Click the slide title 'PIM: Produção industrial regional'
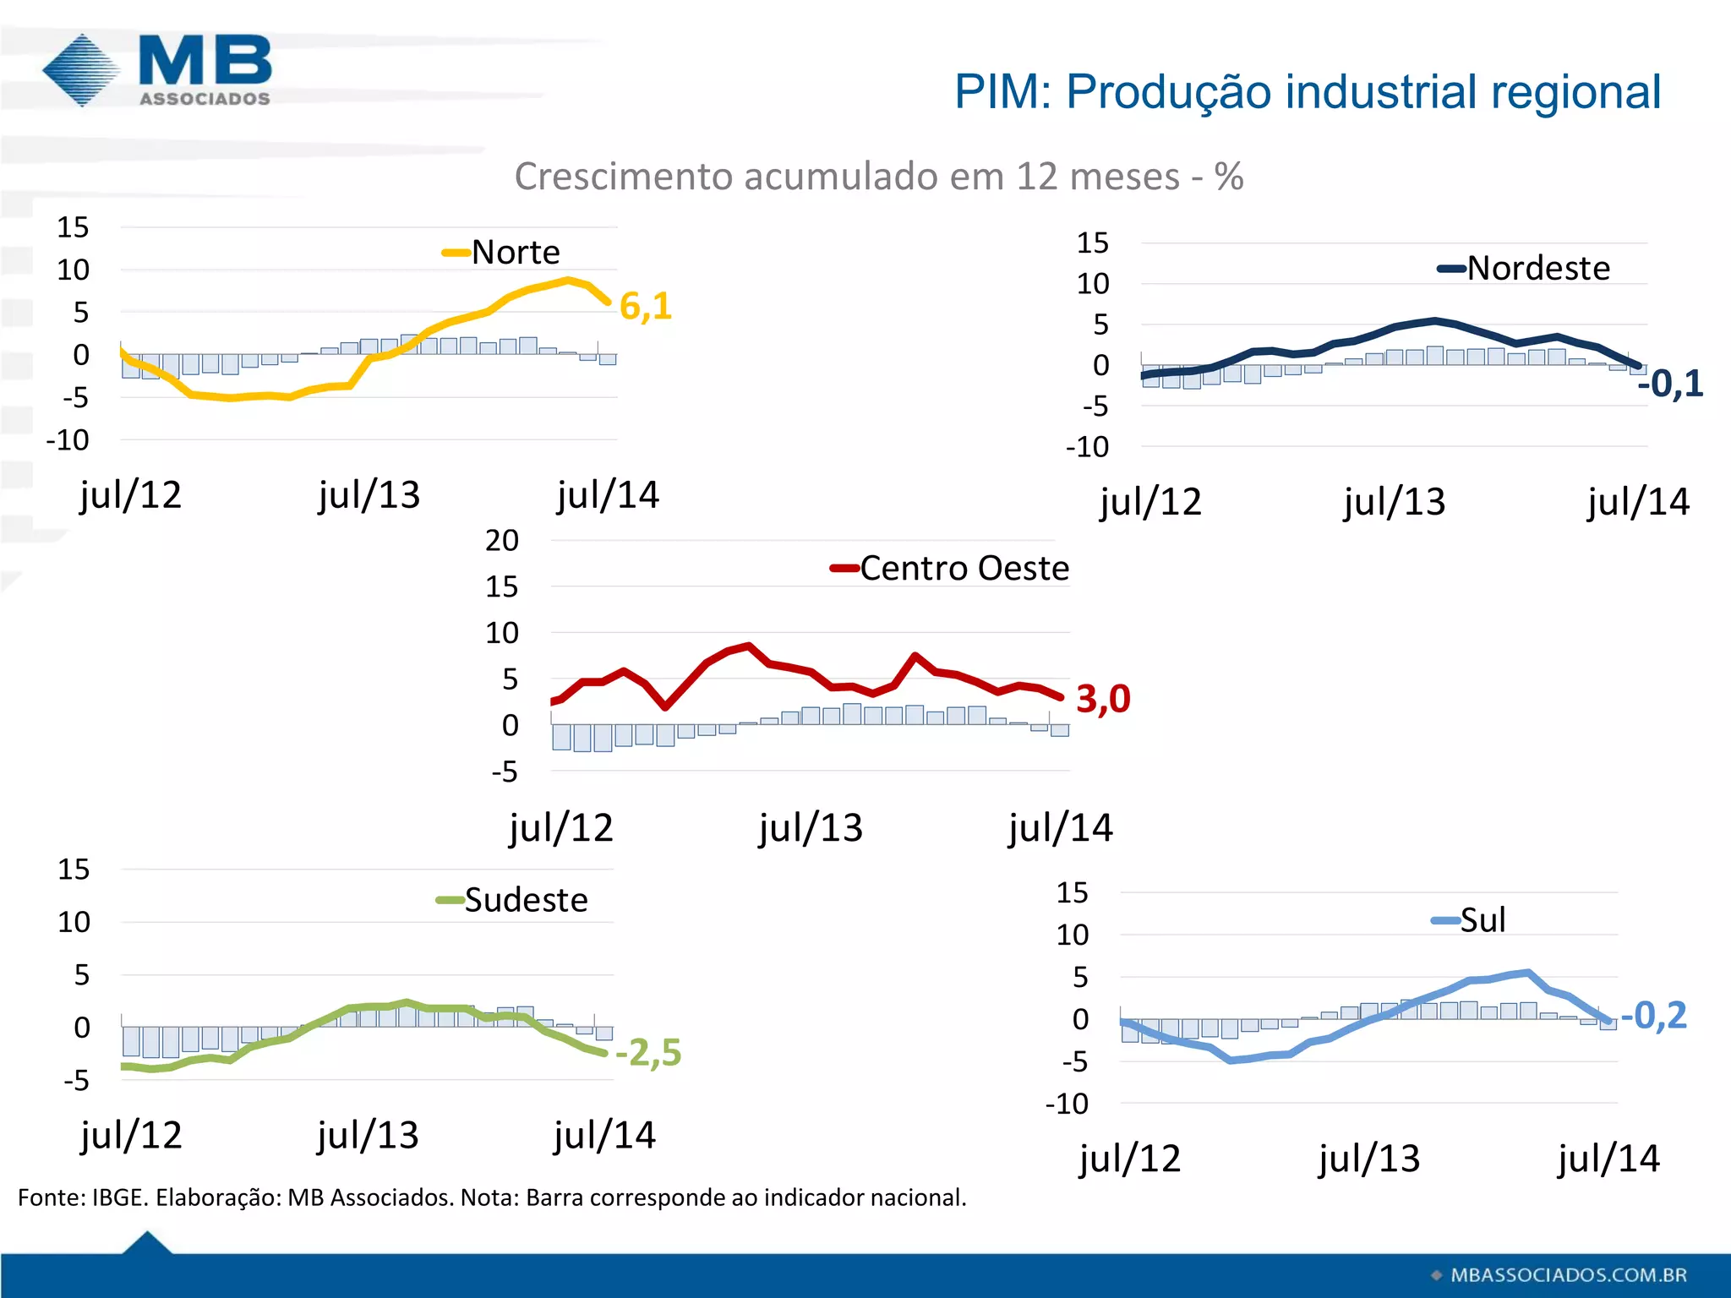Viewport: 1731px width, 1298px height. point(1307,91)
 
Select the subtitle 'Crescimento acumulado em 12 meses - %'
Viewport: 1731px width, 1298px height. point(878,177)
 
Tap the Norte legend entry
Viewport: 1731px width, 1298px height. point(502,252)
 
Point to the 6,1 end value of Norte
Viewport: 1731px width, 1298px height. point(646,306)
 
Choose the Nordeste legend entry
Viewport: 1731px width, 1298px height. point(1524,269)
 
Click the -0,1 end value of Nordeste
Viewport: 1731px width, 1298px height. point(1670,384)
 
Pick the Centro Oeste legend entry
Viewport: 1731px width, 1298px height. point(950,568)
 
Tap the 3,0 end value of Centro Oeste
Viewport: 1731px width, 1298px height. point(1103,699)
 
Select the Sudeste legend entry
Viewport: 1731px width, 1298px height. point(512,900)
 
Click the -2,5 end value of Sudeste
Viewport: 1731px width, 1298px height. point(648,1053)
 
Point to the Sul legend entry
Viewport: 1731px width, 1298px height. point(1469,920)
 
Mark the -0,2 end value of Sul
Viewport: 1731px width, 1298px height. point(1654,1015)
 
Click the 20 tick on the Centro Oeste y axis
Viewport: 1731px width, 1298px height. point(501,541)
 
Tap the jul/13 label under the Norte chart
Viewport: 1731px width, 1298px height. point(369,495)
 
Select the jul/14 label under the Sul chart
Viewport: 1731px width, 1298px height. point(1608,1159)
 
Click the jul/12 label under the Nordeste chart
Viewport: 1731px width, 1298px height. point(1149,502)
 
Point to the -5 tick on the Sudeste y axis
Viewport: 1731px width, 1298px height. point(76,1081)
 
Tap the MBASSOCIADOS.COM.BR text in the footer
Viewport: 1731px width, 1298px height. point(1568,1275)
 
